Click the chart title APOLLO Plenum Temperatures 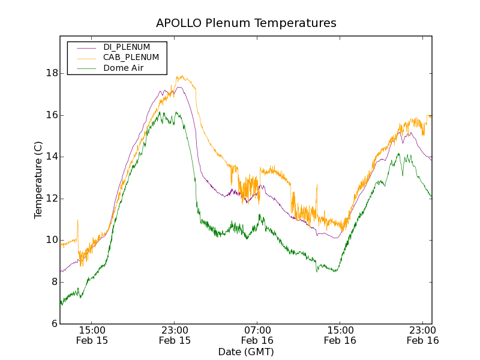(246, 23)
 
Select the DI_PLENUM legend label (127, 47)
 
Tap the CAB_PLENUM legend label (131, 58)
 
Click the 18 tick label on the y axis (53, 73)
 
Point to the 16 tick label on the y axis (53, 115)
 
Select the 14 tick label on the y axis (53, 157)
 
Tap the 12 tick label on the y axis (53, 199)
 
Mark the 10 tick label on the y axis (53, 240)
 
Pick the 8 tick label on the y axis (55, 282)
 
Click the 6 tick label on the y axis (55, 323)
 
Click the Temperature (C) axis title (38, 180)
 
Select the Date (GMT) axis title (246, 352)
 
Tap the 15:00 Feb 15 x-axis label (92, 335)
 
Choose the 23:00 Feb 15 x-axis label (175, 335)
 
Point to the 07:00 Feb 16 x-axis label (257, 335)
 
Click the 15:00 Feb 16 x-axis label (340, 335)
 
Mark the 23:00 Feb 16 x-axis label (422, 335)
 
